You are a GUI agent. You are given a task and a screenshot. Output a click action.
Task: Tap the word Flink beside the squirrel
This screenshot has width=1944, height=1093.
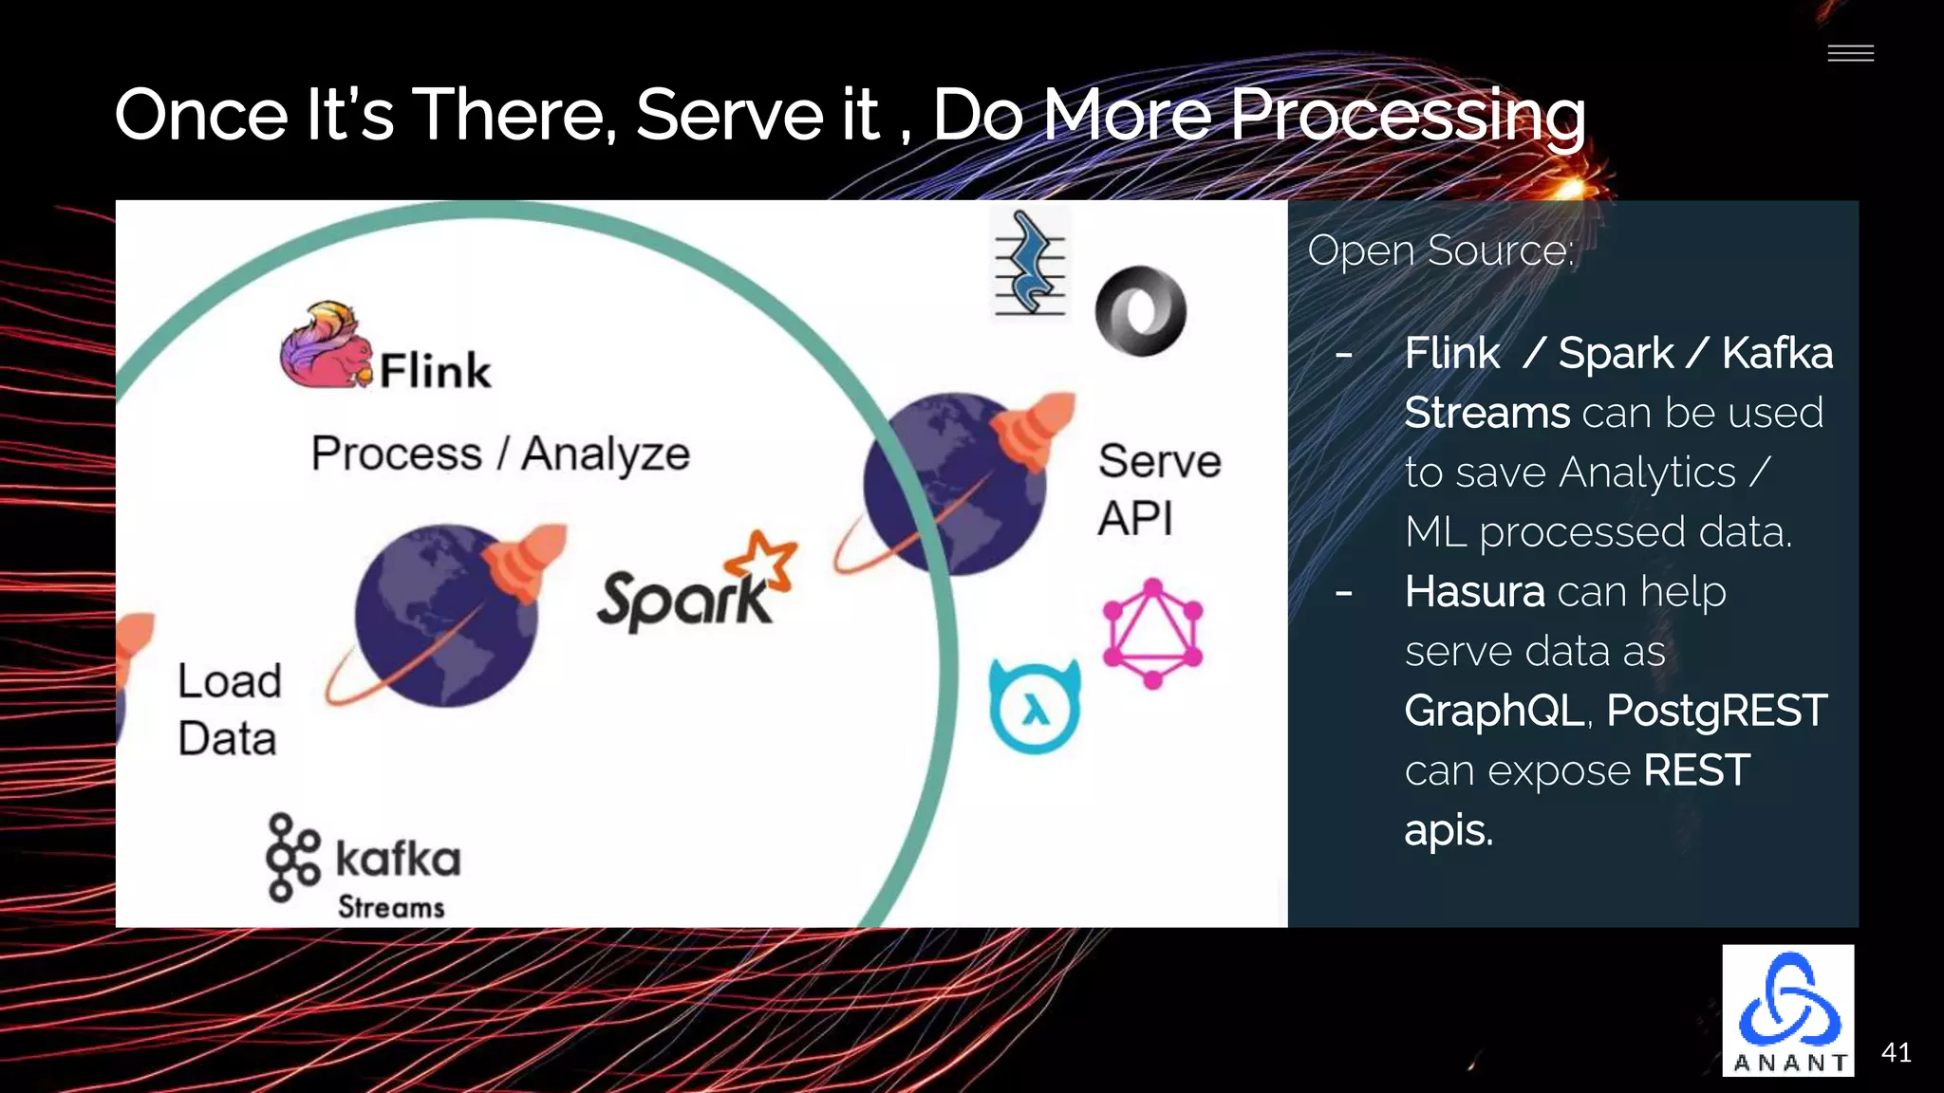coord(436,370)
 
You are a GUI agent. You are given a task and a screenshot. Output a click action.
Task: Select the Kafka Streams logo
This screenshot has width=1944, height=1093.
coord(363,865)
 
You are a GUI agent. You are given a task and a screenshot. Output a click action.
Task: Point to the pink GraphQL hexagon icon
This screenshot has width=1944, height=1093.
coord(1152,633)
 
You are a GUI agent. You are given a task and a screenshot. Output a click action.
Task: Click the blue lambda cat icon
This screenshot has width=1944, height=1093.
coord(1035,707)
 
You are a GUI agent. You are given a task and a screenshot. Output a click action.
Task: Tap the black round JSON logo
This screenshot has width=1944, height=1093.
coord(1140,311)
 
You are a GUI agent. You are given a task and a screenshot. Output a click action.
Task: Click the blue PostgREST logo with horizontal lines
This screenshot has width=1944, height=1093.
coord(1030,264)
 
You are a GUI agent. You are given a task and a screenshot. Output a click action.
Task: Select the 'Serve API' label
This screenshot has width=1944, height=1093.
coord(1158,489)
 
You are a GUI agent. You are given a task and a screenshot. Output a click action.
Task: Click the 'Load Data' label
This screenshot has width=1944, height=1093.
coord(229,709)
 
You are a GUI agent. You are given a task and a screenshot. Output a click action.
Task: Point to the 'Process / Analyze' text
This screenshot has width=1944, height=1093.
coord(500,454)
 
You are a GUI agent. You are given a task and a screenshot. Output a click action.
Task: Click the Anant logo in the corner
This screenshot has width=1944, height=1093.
coord(1788,1010)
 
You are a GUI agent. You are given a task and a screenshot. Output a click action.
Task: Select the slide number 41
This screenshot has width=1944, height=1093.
coord(1896,1052)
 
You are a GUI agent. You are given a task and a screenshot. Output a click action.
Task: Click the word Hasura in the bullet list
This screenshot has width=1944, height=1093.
coord(1474,592)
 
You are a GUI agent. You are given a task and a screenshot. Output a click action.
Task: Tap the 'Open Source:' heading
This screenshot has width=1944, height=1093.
coord(1440,251)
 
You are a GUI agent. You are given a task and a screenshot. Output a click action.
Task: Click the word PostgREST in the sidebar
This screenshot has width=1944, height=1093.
coord(1716,711)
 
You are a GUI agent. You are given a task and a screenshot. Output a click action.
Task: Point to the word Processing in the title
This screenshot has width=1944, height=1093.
coord(1407,116)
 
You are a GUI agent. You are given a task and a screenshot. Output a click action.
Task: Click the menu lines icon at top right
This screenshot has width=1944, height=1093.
coord(1850,53)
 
